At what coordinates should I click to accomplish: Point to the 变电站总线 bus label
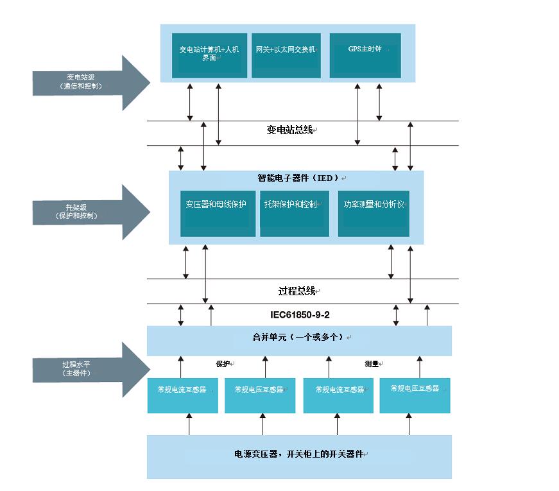[x=290, y=130]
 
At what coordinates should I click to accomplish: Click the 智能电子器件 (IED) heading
[x=297, y=178]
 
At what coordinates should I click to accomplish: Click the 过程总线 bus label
[x=297, y=291]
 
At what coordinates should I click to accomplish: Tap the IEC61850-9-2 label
[x=300, y=315]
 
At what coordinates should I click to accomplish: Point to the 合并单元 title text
[x=299, y=337]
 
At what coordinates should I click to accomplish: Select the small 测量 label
[x=372, y=364]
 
